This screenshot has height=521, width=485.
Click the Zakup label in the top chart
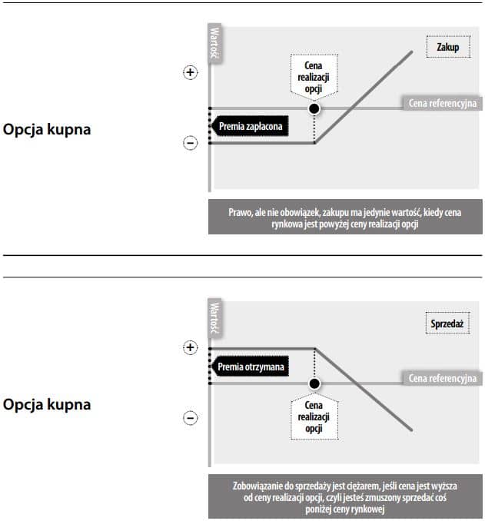(447, 48)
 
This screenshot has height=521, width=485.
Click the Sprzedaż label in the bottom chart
(446, 324)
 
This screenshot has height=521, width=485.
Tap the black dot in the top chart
(314, 109)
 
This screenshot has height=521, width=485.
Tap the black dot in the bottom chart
(314, 383)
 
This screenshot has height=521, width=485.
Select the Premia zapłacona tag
(248, 126)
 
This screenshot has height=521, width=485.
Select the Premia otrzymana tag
(249, 367)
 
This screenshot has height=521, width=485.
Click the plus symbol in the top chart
(190, 72)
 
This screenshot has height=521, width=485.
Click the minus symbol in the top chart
(190, 142)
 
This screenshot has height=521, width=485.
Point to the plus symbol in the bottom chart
(190, 347)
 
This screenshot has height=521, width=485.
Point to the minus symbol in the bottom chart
(190, 418)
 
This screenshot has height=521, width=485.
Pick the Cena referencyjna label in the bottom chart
(442, 378)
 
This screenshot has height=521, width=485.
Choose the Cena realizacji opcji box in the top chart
(314, 78)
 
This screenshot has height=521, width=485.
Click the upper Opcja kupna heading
(47, 130)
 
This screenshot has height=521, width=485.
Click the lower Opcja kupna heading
(47, 404)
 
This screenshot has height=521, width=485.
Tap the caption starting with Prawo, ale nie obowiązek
(344, 217)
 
